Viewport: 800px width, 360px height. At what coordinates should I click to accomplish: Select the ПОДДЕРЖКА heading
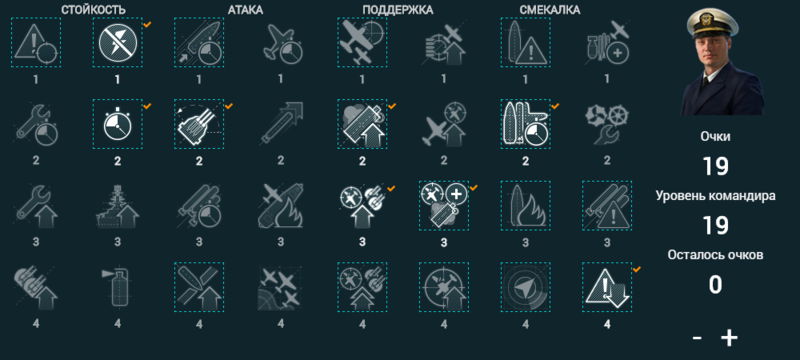tap(397, 10)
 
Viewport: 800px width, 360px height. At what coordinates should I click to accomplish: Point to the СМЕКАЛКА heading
tap(550, 10)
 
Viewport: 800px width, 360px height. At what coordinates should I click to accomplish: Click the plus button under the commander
tap(729, 337)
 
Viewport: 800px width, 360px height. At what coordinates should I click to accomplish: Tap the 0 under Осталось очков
tap(715, 285)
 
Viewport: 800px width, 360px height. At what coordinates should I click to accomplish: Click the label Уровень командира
tap(715, 196)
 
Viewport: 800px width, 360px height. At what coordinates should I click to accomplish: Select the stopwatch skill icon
tap(117, 123)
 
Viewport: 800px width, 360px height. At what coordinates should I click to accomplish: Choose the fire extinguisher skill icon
tap(117, 286)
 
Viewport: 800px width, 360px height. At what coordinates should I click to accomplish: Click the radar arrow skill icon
tap(525, 286)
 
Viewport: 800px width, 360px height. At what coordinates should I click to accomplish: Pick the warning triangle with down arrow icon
tap(606, 286)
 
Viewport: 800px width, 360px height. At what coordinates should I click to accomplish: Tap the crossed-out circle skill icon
tap(117, 43)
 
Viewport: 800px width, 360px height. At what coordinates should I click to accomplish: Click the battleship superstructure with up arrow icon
tap(117, 204)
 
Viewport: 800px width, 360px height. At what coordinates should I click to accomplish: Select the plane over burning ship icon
tap(280, 204)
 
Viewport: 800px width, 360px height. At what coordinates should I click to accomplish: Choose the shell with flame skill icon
tap(525, 204)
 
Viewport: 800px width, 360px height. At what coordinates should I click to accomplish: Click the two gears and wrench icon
tap(606, 123)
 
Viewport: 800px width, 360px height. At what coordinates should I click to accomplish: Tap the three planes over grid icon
tap(280, 286)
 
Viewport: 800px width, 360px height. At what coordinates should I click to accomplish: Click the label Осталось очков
tap(715, 256)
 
